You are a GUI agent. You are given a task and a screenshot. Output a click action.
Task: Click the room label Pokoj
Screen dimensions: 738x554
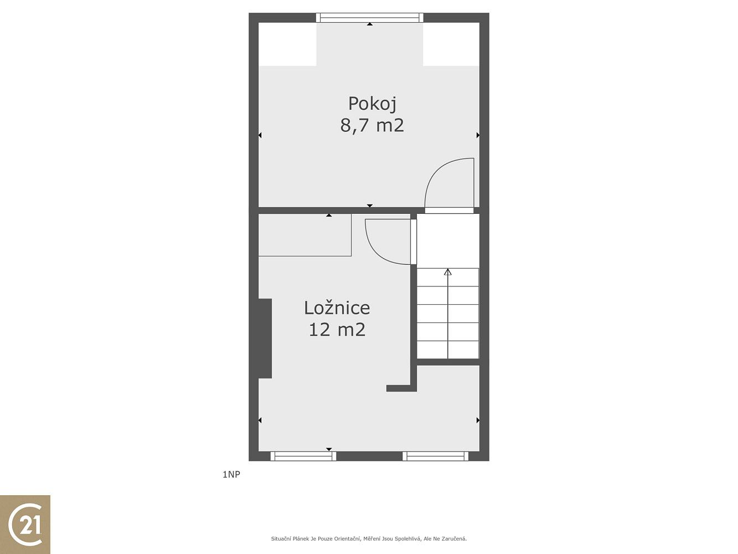(372, 104)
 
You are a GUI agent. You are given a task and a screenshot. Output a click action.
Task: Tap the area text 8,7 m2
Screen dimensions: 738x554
(372, 125)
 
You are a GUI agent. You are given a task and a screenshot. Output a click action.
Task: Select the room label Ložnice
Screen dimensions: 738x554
(337, 307)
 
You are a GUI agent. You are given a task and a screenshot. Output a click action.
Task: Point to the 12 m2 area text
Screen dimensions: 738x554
(337, 329)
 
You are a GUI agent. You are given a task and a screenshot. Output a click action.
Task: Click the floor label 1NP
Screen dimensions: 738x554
(231, 474)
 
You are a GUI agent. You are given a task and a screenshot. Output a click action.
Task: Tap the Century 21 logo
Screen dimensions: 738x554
(25, 525)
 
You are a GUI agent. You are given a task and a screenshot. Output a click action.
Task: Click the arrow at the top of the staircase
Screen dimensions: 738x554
(447, 272)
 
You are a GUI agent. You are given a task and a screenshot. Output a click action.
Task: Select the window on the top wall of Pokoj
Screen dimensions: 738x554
(369, 18)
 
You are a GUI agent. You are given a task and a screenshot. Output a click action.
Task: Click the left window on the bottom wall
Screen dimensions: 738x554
(303, 456)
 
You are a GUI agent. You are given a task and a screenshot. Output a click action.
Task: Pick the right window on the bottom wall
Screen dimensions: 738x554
(435, 456)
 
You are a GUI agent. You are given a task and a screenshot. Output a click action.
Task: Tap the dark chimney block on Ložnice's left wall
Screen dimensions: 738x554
(265, 338)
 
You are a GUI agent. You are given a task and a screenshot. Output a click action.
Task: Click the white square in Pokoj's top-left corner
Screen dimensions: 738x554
(287, 44)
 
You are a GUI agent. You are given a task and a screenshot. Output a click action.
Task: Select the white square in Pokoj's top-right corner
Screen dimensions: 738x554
(451, 44)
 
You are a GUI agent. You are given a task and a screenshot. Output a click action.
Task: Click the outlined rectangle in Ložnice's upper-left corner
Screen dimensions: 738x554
(305, 235)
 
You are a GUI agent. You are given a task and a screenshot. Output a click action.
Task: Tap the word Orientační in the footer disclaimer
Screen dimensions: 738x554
(347, 538)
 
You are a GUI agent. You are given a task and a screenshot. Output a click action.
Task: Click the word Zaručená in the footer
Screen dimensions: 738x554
(455, 538)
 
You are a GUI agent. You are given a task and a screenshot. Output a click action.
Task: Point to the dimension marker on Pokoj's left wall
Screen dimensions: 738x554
(260, 135)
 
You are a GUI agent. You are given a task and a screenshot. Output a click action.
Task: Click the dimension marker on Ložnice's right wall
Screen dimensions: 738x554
(478, 420)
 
